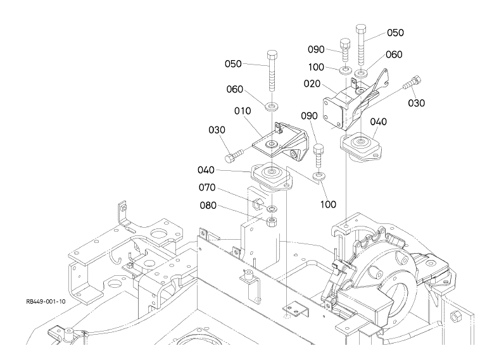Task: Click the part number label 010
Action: pos(243,111)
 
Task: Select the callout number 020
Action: pos(312,84)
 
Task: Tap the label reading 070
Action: pos(207,187)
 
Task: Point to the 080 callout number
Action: pos(208,205)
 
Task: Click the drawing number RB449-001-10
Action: pos(46,302)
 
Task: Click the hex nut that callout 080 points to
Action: pos(272,221)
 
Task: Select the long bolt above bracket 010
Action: pos(272,71)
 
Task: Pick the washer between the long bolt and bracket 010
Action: pos(272,107)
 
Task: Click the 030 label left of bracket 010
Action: pos(217,130)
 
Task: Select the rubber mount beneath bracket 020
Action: pos(361,147)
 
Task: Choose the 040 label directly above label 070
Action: pos(206,170)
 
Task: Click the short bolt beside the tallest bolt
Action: pos(345,51)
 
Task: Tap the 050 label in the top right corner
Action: pos(395,32)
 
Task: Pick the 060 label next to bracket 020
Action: pos(394,54)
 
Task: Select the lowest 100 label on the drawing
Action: pos(328,204)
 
